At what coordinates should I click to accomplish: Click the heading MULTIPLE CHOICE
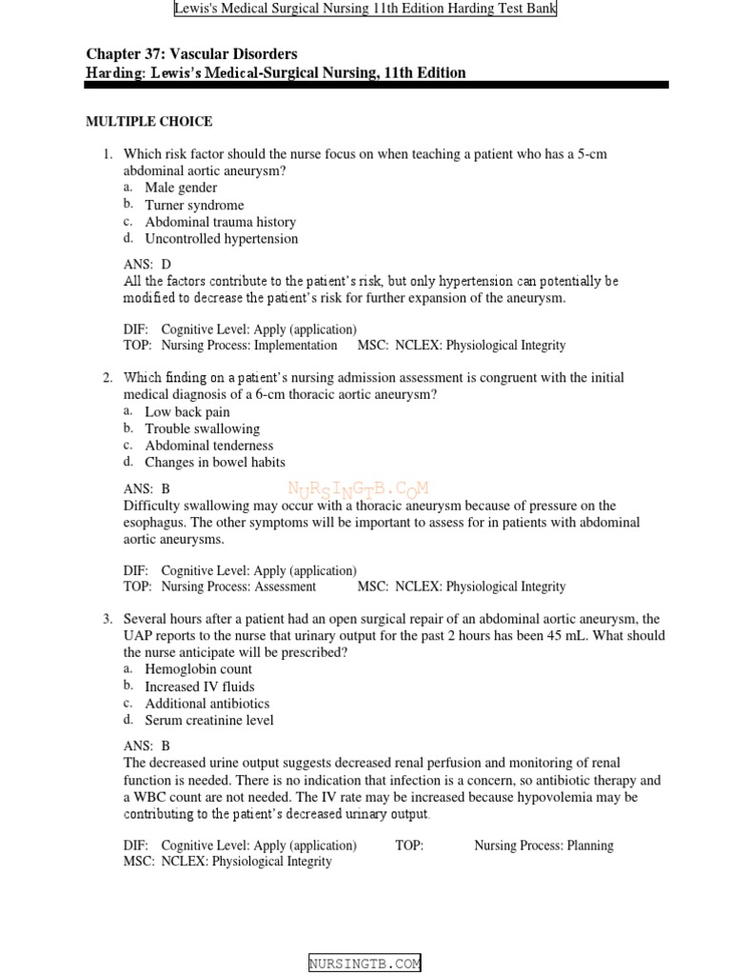point(148,122)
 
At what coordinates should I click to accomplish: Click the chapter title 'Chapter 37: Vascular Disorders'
point(191,54)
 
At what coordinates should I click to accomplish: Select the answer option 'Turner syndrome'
point(194,205)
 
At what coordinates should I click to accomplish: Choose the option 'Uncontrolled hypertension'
point(221,239)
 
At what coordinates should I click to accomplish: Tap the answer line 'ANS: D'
point(148,264)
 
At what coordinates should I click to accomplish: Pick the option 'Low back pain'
point(188,412)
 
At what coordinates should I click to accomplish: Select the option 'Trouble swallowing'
point(202,429)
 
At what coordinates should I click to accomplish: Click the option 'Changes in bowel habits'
point(215,463)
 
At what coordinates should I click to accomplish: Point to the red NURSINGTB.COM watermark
point(358,490)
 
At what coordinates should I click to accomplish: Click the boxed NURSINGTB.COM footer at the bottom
point(365,964)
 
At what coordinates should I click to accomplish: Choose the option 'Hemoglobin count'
point(197,669)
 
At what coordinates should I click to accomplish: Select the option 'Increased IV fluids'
point(200,686)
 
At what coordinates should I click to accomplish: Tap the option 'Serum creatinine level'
point(209,721)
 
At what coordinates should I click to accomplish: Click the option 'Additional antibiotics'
point(207,704)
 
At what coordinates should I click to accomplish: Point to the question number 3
point(108,619)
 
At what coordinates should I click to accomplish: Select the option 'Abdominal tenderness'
point(209,446)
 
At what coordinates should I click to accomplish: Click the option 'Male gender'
point(181,188)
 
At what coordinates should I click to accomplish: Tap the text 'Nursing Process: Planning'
point(543,846)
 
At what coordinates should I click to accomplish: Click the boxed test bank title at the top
point(365,9)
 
